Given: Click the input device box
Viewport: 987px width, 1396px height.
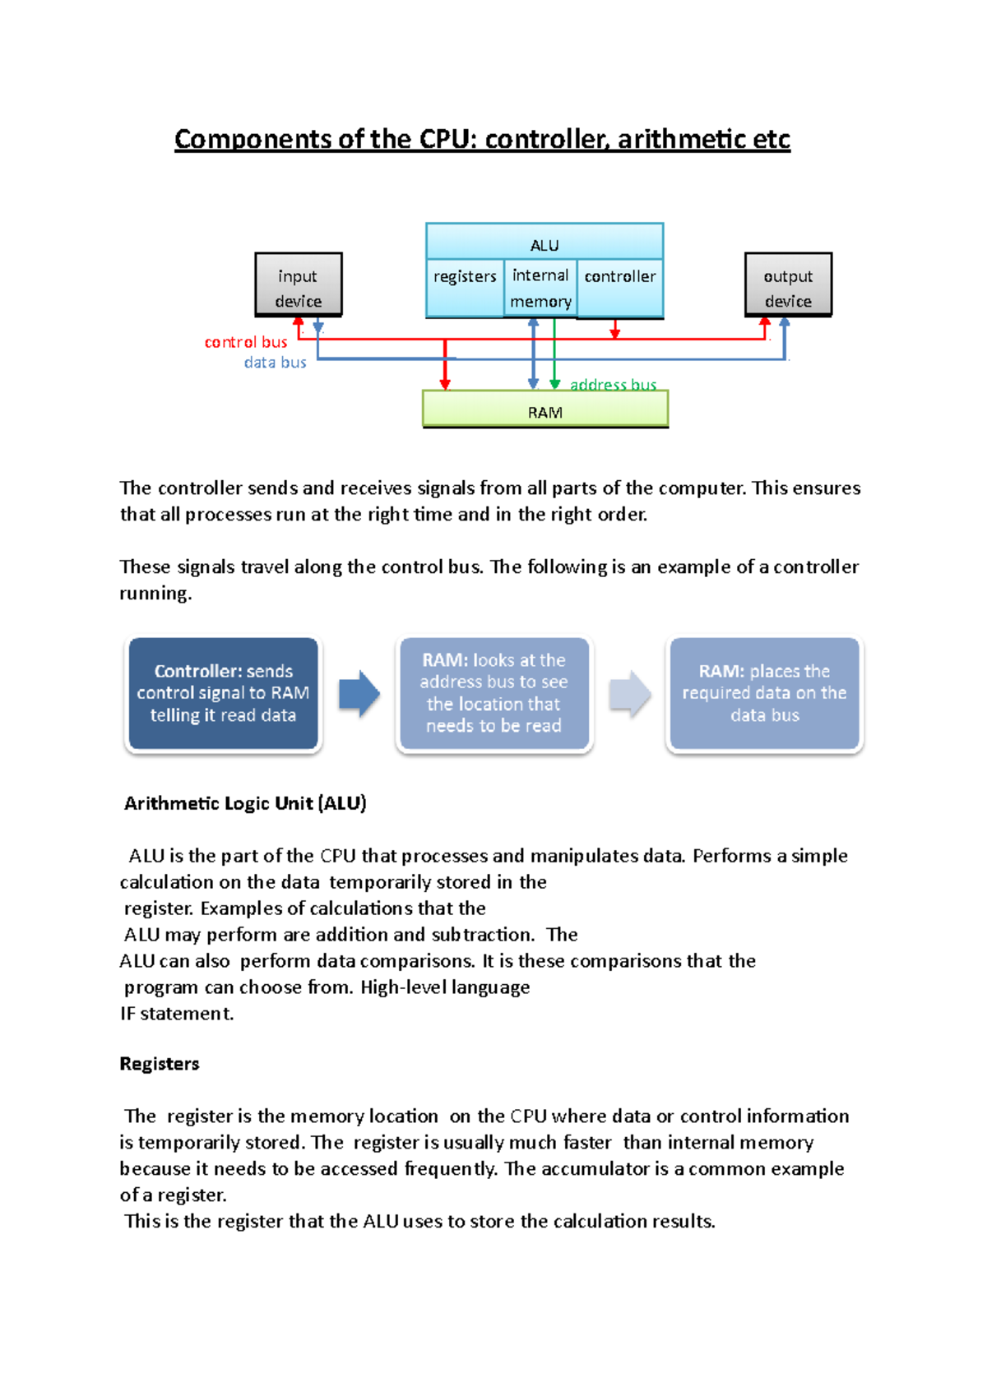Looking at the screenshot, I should (x=298, y=284).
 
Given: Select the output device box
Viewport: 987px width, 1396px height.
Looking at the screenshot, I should (x=788, y=284).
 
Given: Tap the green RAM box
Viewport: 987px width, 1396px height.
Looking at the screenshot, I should (x=544, y=409).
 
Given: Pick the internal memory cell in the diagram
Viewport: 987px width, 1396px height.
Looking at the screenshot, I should (x=540, y=288).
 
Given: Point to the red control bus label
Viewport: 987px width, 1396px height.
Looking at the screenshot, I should (x=246, y=342).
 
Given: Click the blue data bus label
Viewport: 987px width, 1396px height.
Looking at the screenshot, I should (x=275, y=363).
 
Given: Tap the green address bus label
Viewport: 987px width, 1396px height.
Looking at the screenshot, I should (x=613, y=384).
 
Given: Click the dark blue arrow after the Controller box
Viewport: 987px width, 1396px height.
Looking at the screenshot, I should (x=359, y=694).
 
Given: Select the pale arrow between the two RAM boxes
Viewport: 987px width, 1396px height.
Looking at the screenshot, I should (x=629, y=694).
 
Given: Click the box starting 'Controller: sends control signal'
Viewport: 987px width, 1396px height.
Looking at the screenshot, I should (x=223, y=694).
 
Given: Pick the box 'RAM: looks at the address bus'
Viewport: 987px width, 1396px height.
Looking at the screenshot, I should (x=493, y=694).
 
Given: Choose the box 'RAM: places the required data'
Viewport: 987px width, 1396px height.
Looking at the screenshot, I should (x=764, y=694).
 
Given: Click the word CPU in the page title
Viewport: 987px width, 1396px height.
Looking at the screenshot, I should (x=447, y=139).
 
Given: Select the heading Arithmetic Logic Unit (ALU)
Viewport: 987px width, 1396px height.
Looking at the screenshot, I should (x=245, y=803).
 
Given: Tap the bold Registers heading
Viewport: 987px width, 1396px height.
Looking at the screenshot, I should (x=160, y=1064).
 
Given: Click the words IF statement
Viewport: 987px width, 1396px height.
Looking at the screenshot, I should (x=177, y=1014).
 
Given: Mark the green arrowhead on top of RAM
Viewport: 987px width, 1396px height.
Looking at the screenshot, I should (x=555, y=384).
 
